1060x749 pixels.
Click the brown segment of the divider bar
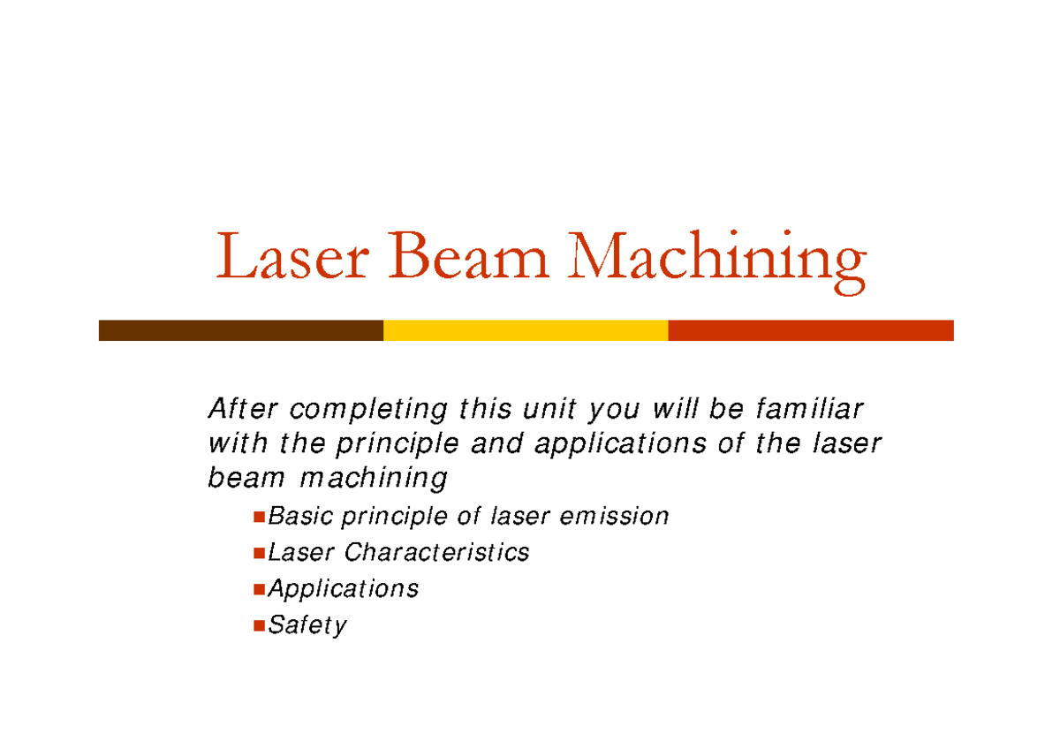tap(240, 330)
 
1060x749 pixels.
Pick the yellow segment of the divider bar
tap(526, 330)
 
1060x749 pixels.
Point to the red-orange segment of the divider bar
tap(811, 330)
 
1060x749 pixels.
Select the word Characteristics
tap(436, 552)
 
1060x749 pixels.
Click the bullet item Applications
tap(343, 589)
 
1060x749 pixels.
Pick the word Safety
tap(307, 625)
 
